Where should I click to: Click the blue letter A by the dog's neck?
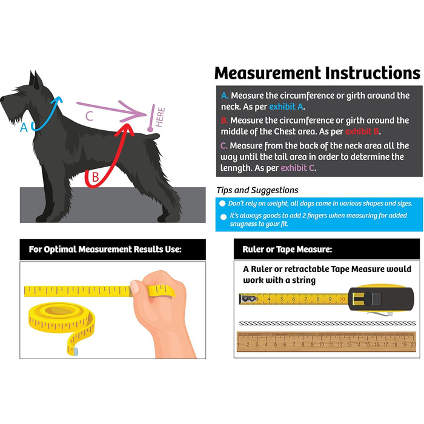coord(24,127)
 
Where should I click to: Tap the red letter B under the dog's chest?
coord(95,177)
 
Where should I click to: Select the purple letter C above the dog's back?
coord(89,116)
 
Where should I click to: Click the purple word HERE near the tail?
coord(160,117)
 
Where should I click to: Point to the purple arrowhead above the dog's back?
coord(133,111)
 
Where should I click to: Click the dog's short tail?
coord(153,136)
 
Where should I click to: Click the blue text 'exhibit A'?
coord(287,107)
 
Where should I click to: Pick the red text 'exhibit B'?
coord(362,131)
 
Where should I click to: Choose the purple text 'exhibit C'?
coord(298,168)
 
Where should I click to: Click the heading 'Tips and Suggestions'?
coord(257,190)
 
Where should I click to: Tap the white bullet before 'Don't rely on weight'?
coord(222,204)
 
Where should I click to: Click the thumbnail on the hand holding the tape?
coord(134,287)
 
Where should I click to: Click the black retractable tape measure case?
coord(381,299)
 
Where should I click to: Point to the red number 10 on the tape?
coord(342,299)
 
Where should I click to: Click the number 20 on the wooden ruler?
coord(413,345)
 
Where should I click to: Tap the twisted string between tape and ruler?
coord(328,323)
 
